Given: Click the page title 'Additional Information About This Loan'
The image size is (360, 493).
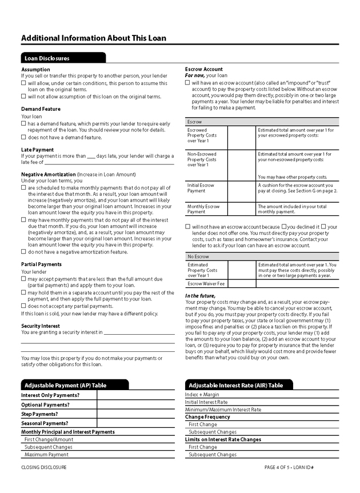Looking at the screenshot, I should tap(94, 38).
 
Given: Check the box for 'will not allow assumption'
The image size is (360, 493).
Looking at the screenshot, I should tap(23, 97).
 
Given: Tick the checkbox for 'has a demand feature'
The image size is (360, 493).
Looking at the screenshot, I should tap(23, 123).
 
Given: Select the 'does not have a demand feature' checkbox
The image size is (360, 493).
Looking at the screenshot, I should tap(23, 137).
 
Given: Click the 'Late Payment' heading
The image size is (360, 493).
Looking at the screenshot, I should tap(38, 150).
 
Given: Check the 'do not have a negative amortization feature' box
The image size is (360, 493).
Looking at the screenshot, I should tap(23, 251).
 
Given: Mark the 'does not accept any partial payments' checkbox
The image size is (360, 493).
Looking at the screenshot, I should tap(23, 306).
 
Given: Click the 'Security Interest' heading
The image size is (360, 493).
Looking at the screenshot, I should tap(41, 326).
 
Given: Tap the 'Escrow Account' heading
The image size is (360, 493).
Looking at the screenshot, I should tap(204, 69).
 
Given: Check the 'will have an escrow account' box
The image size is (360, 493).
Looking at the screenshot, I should tap(187, 82).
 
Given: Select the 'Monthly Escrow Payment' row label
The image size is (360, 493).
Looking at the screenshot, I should tap(204, 209).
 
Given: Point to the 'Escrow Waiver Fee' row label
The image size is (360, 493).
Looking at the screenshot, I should tap(206, 283).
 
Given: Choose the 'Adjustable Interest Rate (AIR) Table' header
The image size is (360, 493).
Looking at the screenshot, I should tap(235, 386).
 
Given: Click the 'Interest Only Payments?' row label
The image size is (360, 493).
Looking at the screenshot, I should tap(50, 395).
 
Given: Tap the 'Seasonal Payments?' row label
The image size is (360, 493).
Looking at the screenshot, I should tap(45, 423).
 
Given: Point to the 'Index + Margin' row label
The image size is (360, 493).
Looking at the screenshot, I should tap(202, 395).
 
